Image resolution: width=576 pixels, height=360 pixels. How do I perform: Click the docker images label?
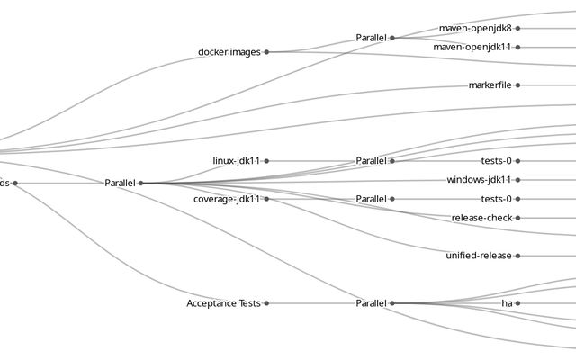coord(229,52)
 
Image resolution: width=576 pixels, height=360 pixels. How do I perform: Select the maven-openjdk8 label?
coord(475,29)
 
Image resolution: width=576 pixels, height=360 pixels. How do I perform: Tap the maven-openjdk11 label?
coord(472,47)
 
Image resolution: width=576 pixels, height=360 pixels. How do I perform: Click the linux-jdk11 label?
coord(236,161)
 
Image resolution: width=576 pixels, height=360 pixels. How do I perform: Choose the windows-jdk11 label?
coord(479,180)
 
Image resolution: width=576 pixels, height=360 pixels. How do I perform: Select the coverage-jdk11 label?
coord(227,199)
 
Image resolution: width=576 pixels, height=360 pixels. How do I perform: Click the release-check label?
coord(481,218)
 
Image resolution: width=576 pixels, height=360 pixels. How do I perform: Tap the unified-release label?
coord(479,256)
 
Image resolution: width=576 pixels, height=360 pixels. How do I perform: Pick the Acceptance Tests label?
coord(223,303)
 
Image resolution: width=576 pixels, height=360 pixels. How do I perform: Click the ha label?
coord(507,303)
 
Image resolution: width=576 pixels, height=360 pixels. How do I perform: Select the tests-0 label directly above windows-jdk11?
coord(496,161)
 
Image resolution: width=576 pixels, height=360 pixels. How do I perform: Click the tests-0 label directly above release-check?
coord(496,199)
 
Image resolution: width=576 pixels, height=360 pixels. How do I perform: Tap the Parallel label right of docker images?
coord(371,38)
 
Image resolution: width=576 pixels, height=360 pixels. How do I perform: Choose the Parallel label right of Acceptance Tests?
coord(371,303)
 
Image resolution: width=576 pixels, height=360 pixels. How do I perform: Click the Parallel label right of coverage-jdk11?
coord(371,199)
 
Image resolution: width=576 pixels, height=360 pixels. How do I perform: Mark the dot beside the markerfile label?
coord(518,85)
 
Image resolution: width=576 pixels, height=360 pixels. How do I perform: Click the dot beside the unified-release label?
coord(518,256)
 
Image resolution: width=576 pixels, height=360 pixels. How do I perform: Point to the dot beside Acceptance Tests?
coord(266,303)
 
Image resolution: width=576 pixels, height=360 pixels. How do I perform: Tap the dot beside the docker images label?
coord(266,52)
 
